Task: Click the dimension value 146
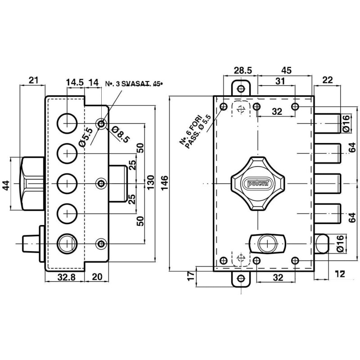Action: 165,181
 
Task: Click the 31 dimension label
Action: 280,81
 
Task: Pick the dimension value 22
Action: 327,81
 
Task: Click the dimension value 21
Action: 33,81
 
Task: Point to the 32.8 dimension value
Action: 66,278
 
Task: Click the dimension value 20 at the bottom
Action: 97,278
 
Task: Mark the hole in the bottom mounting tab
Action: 241,278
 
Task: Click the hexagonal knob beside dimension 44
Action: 32,184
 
